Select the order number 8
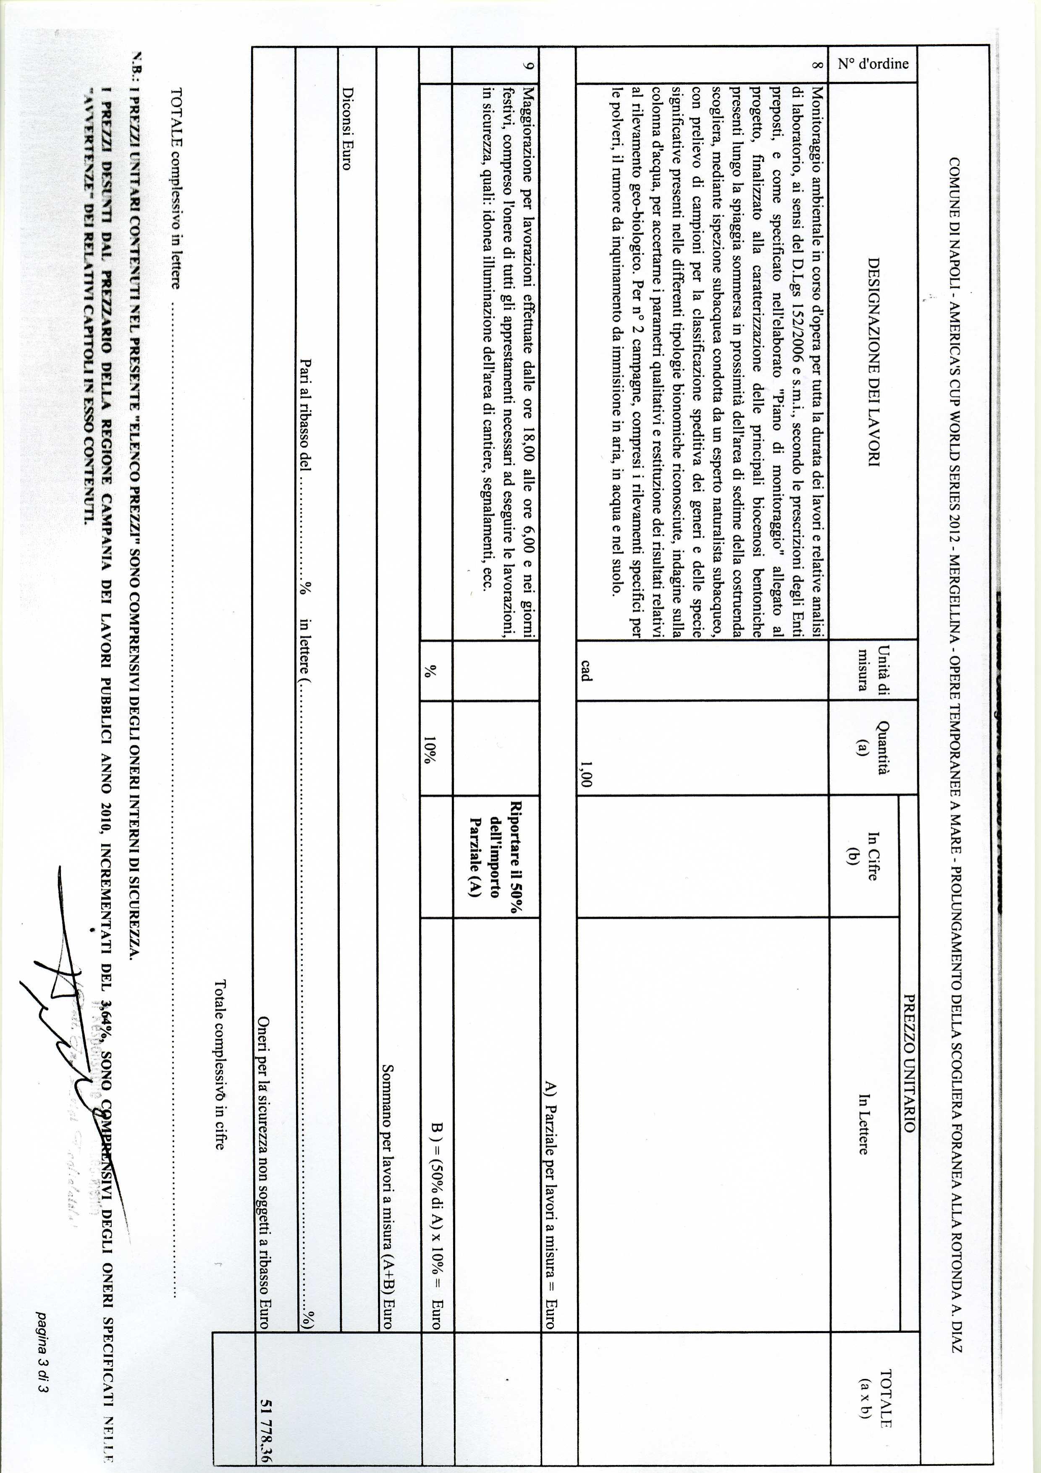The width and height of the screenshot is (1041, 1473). [x=816, y=65]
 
